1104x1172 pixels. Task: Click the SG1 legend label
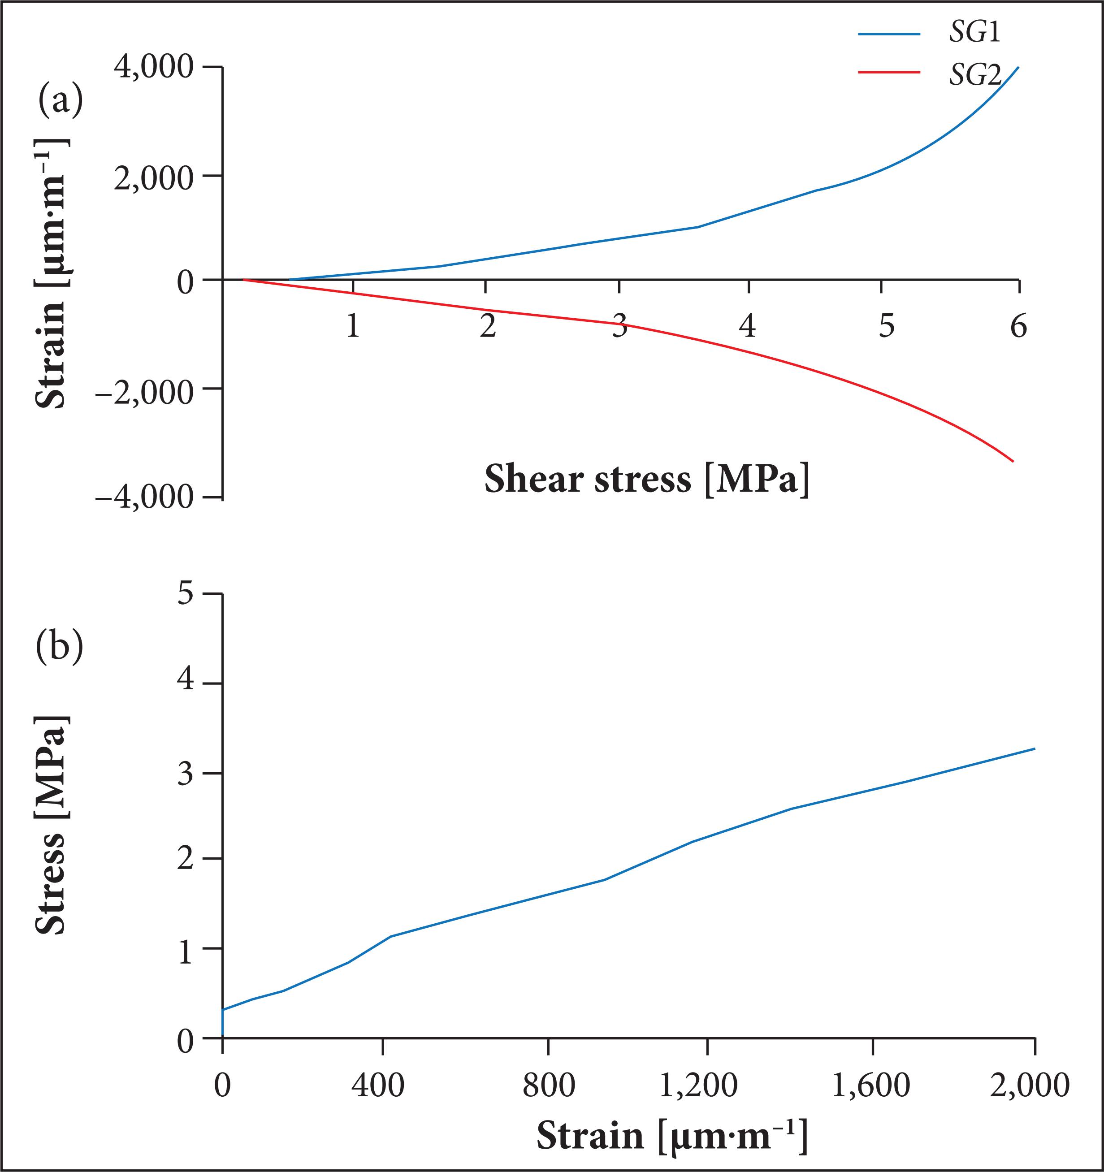[974, 34]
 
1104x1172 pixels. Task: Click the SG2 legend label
[974, 75]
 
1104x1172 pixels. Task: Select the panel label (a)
[60, 101]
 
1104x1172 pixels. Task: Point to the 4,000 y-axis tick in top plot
[154, 68]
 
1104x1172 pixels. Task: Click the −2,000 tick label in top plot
[144, 391]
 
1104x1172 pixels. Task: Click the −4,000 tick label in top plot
[144, 498]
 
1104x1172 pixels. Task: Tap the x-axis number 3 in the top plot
[619, 325]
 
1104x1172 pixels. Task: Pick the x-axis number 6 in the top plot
[1018, 325]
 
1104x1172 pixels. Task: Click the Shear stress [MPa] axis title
[647, 479]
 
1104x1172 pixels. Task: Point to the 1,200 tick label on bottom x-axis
[697, 1086]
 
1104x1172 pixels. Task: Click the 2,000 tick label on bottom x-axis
[1030, 1086]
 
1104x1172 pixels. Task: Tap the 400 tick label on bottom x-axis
[378, 1086]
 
